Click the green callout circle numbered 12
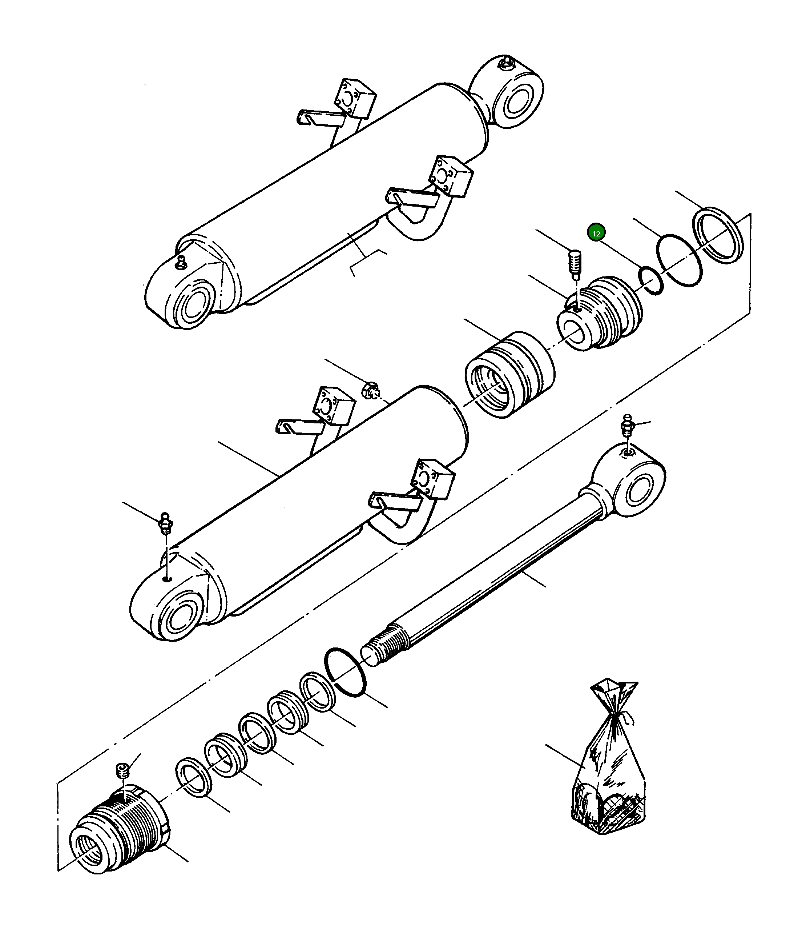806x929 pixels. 596,233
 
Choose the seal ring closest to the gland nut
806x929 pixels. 194,783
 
